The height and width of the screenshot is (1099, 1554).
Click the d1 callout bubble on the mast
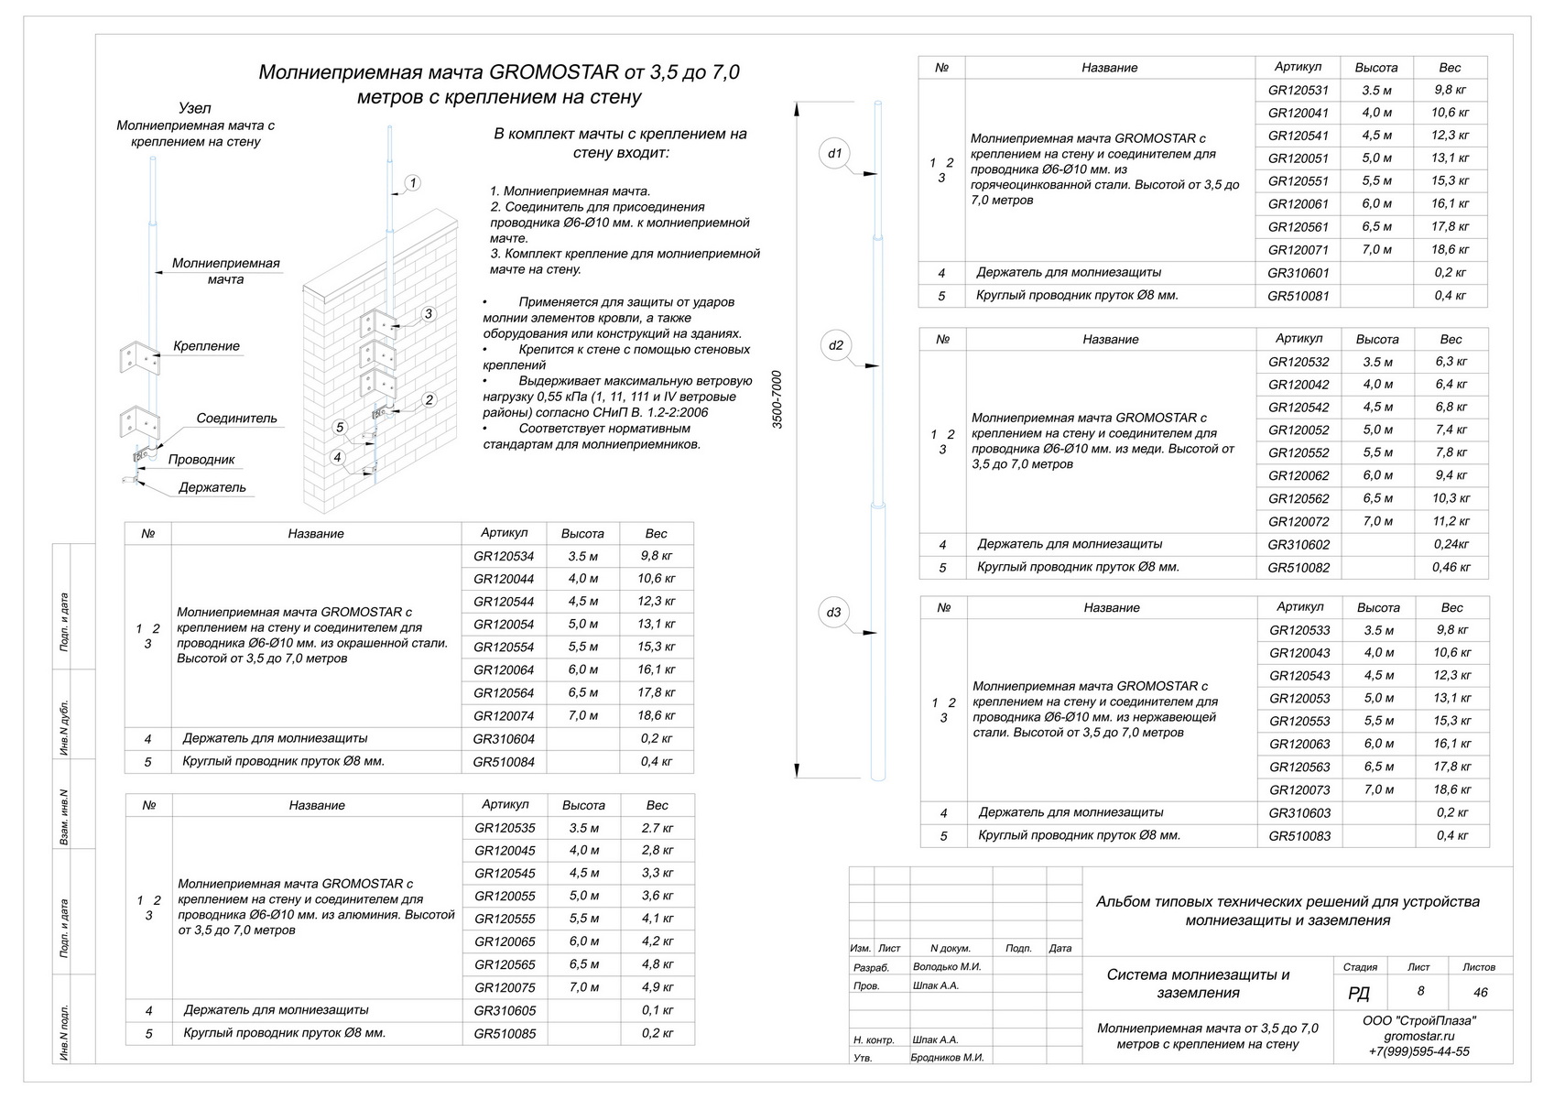[x=834, y=154]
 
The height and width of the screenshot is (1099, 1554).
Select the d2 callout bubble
[x=835, y=345]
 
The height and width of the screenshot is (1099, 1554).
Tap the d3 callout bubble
[x=833, y=613]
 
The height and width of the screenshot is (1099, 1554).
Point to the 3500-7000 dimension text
[x=777, y=400]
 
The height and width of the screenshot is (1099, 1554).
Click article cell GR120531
[x=1298, y=91]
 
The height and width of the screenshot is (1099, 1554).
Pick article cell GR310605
[x=505, y=1011]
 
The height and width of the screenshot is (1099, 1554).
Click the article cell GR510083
[x=1299, y=836]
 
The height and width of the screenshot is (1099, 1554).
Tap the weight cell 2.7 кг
[x=657, y=828]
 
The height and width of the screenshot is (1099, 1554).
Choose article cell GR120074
[x=504, y=716]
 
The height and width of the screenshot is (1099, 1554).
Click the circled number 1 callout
[x=413, y=183]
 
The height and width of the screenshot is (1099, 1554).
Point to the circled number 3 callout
[x=428, y=314]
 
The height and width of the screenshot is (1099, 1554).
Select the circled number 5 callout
[x=340, y=428]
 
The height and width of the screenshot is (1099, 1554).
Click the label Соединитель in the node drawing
[x=236, y=419]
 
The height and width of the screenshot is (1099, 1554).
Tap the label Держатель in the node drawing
[x=212, y=488]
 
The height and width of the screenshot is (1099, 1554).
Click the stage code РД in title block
[x=1360, y=994]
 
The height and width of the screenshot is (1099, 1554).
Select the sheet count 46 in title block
[x=1480, y=992]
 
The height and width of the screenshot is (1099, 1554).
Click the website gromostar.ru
[x=1418, y=1036]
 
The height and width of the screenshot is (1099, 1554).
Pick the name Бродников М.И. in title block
[x=948, y=1058]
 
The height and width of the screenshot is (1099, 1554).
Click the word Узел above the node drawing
[x=195, y=108]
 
